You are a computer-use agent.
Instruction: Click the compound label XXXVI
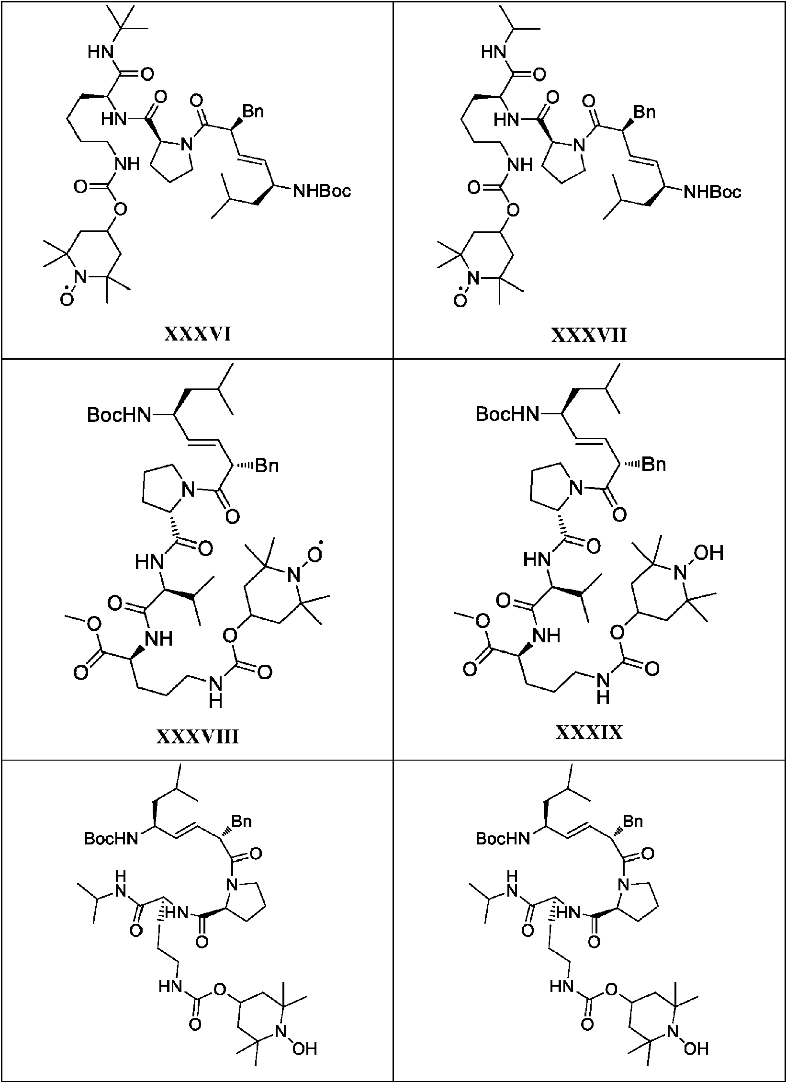pyautogui.click(x=198, y=334)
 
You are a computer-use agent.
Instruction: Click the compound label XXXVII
pyautogui.click(x=589, y=335)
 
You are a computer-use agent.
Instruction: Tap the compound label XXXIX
pyautogui.click(x=589, y=732)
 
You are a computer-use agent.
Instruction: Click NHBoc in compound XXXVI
pyautogui.click(x=322, y=192)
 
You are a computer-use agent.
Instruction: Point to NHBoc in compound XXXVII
pyautogui.click(x=713, y=193)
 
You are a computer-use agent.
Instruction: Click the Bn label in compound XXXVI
pyautogui.click(x=253, y=112)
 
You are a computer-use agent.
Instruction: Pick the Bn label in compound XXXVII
pyautogui.click(x=644, y=113)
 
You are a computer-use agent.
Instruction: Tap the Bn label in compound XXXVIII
pyautogui.click(x=267, y=466)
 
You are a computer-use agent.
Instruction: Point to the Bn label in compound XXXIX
pyautogui.click(x=654, y=464)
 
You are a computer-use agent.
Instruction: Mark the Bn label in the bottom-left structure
pyautogui.click(x=242, y=822)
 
